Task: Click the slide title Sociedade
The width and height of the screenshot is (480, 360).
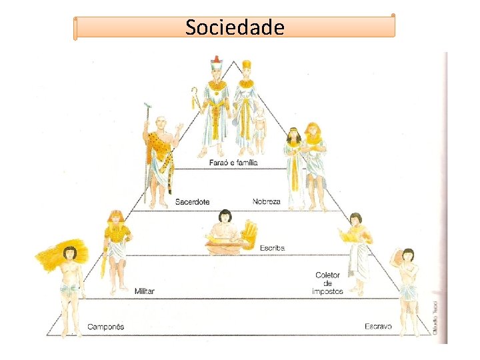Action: pos(235,28)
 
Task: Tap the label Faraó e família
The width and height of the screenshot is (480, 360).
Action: pos(231,162)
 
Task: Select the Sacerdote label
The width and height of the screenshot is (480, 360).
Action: pos(192,201)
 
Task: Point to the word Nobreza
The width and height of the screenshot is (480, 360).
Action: pos(267,201)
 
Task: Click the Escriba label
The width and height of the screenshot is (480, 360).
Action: pos(271,248)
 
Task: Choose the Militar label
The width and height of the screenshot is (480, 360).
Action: pos(145,291)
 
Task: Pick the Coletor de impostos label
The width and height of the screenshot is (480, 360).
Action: pos(327,283)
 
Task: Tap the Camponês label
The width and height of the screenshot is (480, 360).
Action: pos(105,327)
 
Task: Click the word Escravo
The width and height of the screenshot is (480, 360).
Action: pos(378,326)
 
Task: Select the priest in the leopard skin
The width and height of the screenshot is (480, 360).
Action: pos(160,160)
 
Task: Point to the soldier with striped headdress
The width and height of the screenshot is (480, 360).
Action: pos(117,250)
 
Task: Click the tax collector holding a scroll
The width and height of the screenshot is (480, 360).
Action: pos(357,253)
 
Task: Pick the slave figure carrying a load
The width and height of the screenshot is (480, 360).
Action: pos(407,287)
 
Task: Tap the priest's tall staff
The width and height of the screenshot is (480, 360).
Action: pos(146,153)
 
